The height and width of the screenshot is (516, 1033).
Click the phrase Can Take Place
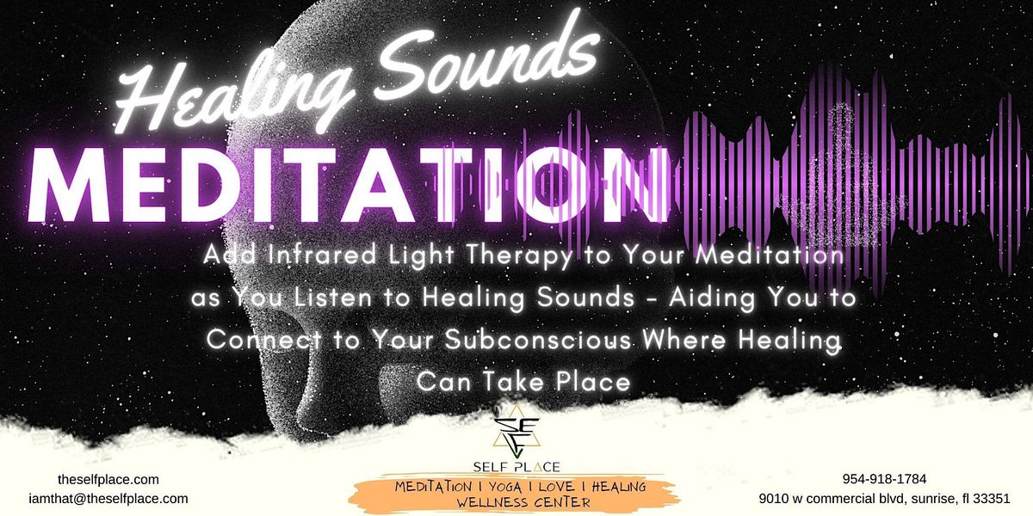pos(523,380)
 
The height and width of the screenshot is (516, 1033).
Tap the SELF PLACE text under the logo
pos(516,467)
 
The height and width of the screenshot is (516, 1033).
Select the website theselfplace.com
pos(108,480)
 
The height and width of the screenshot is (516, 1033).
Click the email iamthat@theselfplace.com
pos(108,498)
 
